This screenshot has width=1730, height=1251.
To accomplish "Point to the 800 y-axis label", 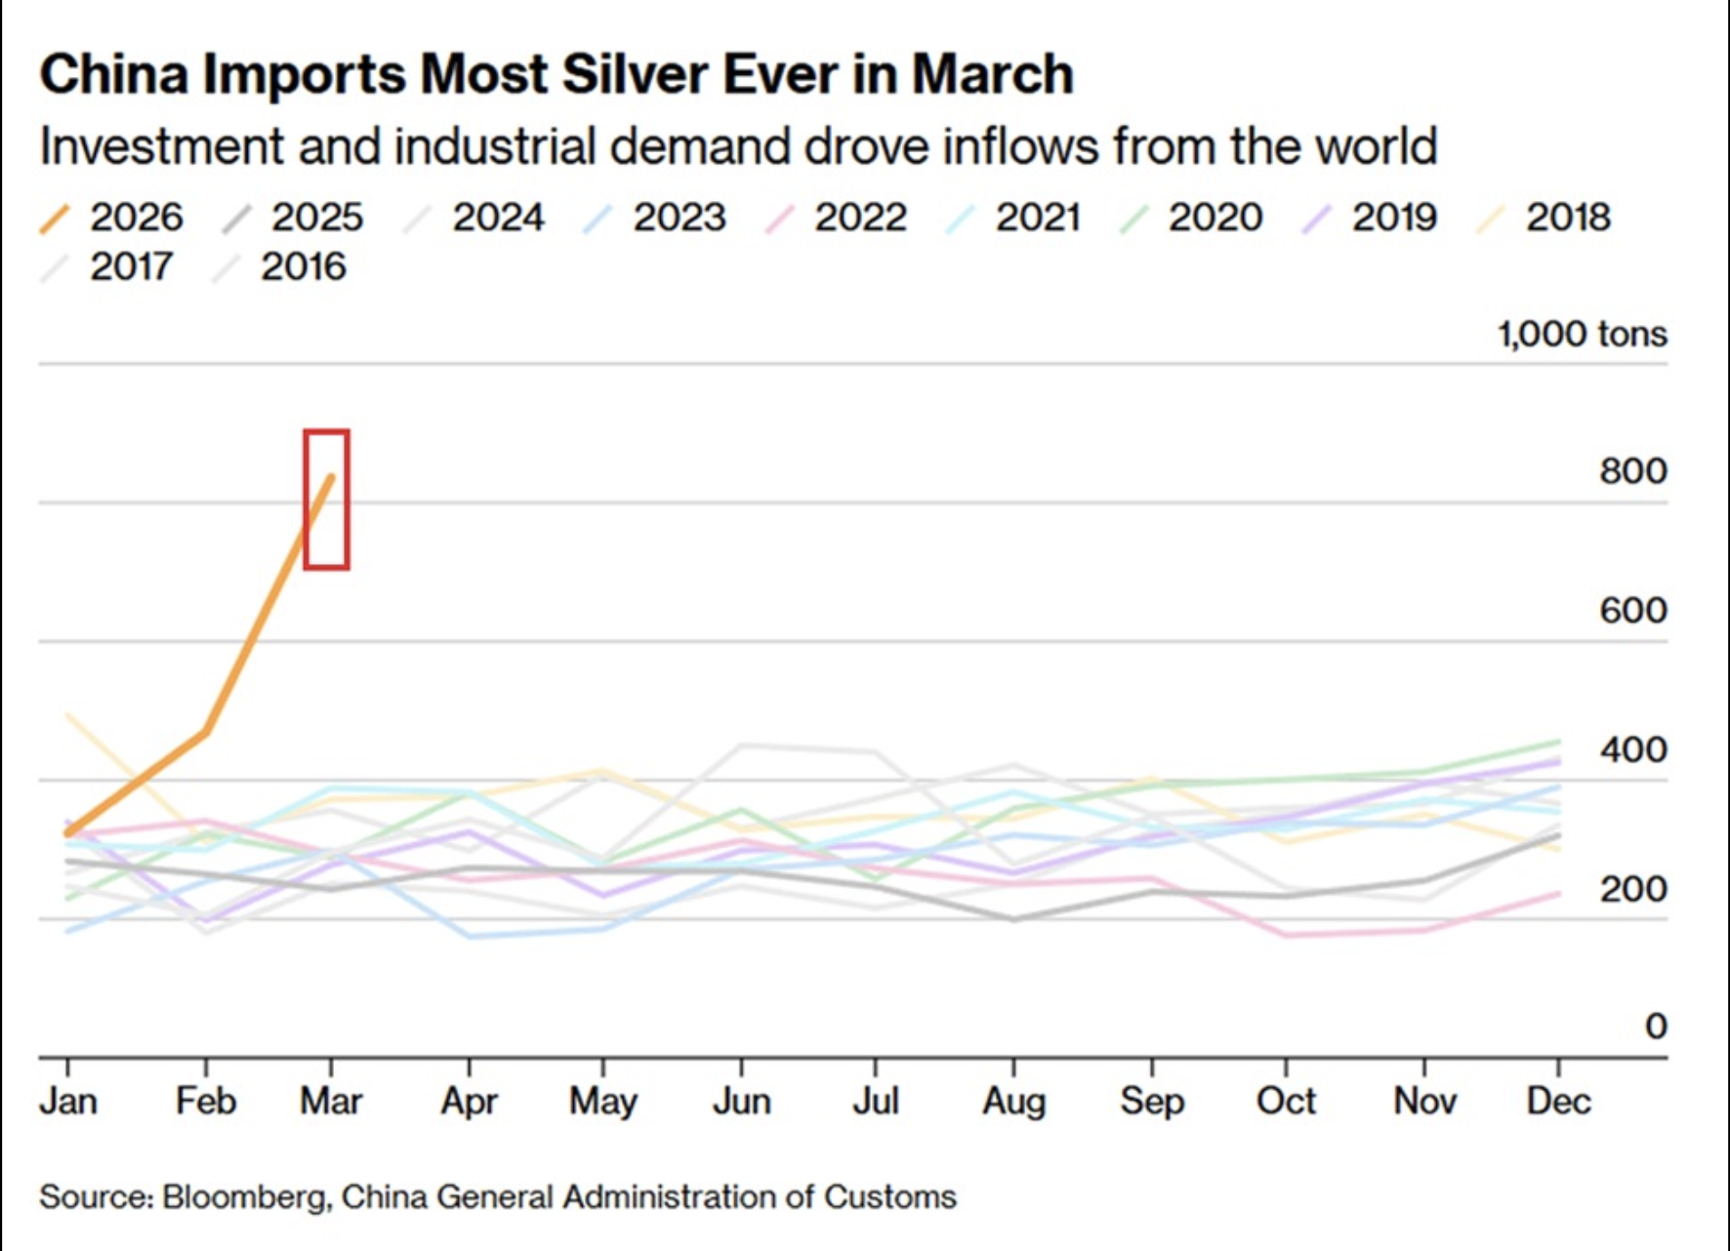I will click(1632, 471).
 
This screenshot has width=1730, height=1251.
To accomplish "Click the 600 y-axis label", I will click(1632, 611).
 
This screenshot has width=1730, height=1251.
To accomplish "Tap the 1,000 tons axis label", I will click(1582, 335).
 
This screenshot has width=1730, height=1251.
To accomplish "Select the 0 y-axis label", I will click(1655, 1027).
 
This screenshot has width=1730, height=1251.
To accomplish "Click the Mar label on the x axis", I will click(331, 1102).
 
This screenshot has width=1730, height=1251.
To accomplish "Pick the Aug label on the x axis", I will click(1013, 1102).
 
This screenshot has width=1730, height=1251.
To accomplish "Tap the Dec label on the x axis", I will click(1558, 1102).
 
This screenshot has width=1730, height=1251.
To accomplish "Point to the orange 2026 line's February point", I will click(206, 731).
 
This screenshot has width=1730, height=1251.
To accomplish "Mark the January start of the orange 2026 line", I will click(67, 832).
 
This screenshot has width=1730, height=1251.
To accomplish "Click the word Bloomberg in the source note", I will click(244, 1197).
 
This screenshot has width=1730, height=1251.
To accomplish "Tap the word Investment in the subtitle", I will click(161, 147).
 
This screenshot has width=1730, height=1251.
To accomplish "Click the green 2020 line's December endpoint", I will click(1558, 742).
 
